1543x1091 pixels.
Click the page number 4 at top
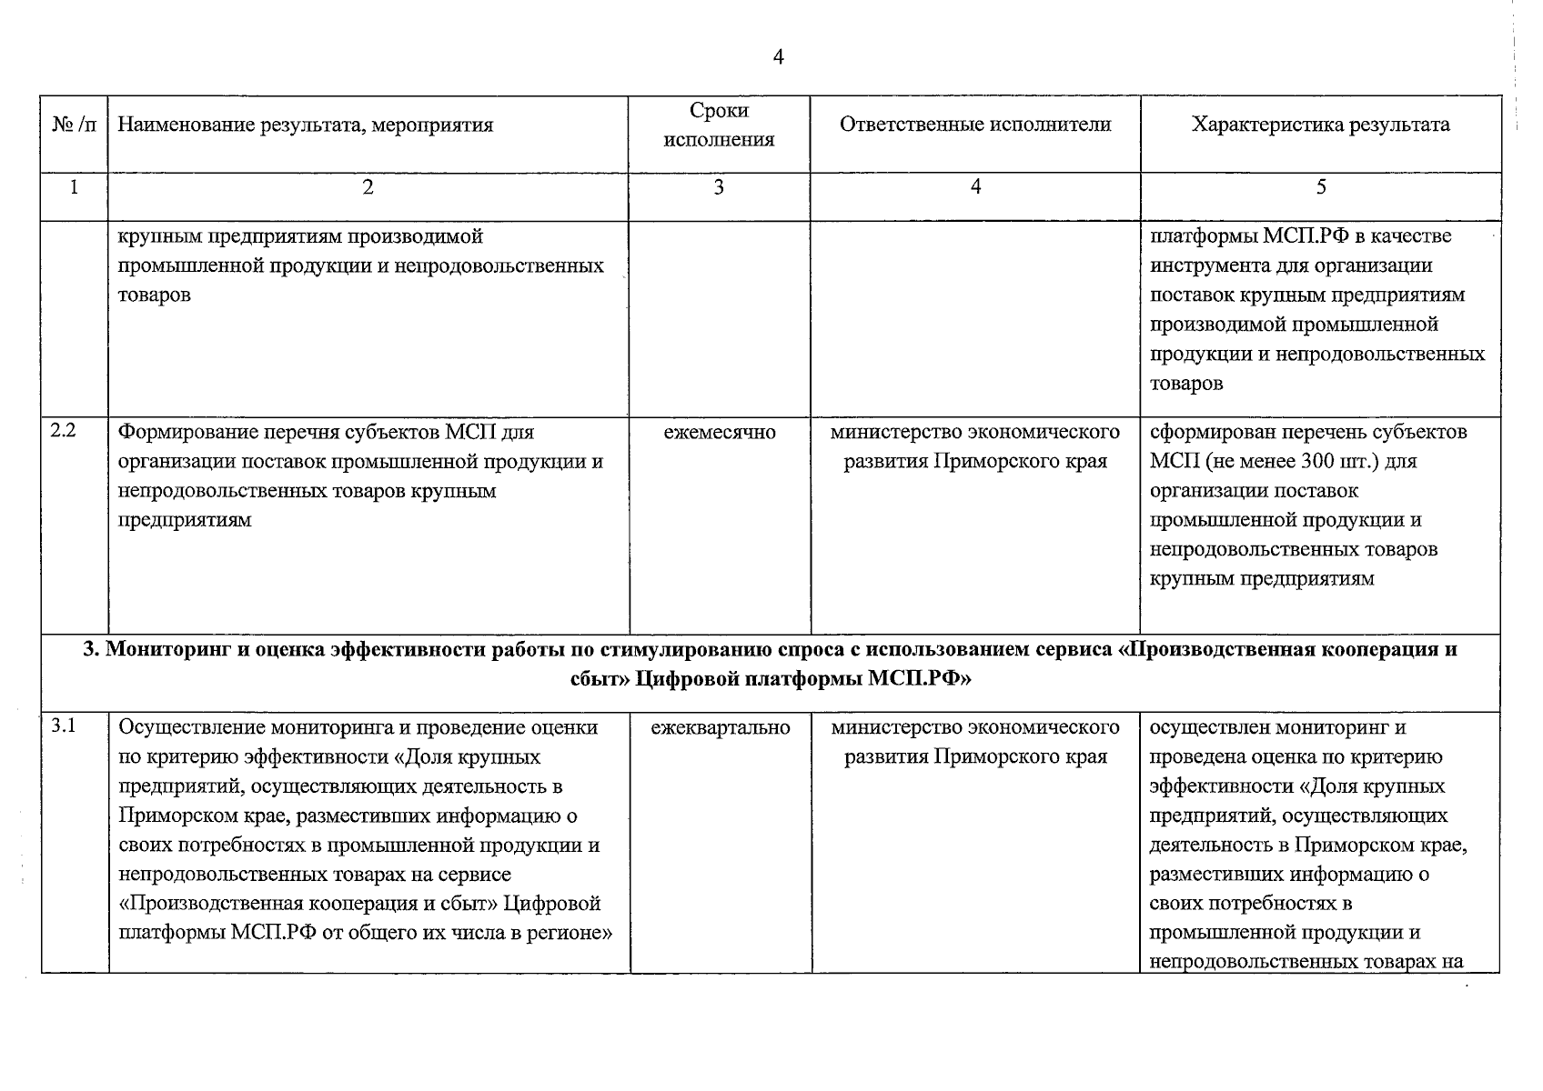click(x=778, y=57)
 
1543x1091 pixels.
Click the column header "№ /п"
click(x=75, y=125)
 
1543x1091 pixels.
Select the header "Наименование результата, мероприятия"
click(x=306, y=125)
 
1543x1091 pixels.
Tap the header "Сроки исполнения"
click(x=719, y=125)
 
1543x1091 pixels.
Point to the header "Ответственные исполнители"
click(x=975, y=125)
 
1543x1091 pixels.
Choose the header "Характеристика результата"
click(x=1320, y=125)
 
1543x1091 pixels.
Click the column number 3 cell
click(x=719, y=187)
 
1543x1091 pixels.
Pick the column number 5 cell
click(x=1321, y=187)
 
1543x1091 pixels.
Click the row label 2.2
click(x=63, y=431)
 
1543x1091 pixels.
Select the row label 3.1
click(x=63, y=726)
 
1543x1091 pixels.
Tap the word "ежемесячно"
click(x=720, y=433)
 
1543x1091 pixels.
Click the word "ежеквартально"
click(x=721, y=728)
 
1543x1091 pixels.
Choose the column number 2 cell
click(x=368, y=187)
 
